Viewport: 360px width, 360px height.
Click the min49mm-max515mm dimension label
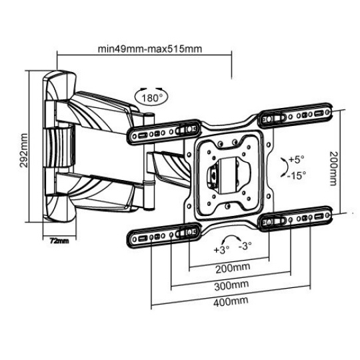[x=150, y=49]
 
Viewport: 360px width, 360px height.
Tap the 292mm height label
[x=23, y=151]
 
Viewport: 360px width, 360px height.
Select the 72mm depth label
[x=59, y=241]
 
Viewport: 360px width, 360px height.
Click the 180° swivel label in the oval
[x=151, y=98]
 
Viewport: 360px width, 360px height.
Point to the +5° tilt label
[x=297, y=159]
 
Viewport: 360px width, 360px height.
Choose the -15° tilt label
[x=297, y=175]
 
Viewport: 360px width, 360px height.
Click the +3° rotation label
[x=221, y=250]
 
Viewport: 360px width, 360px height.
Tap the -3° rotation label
[x=245, y=246]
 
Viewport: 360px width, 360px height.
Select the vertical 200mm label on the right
[x=333, y=168]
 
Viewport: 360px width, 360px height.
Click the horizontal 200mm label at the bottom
[x=233, y=268]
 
